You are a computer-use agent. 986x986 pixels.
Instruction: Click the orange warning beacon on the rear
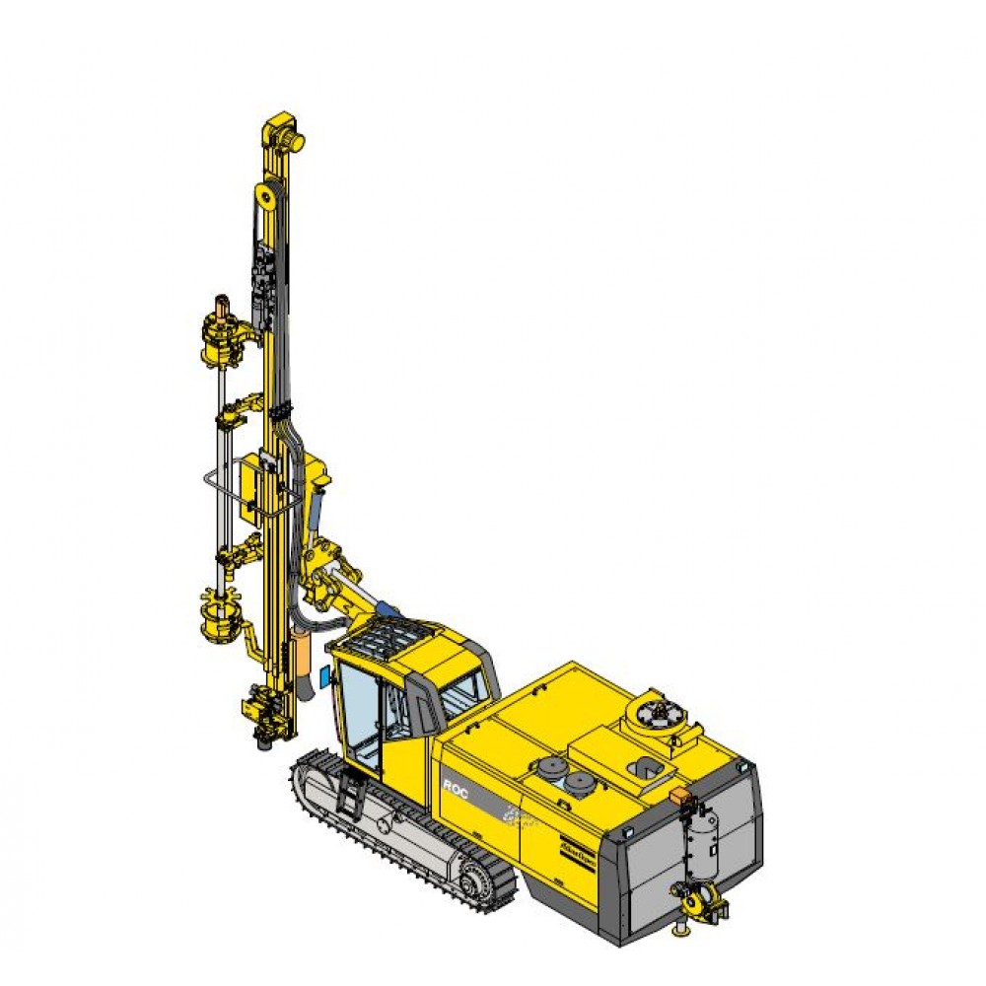coord(677,794)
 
